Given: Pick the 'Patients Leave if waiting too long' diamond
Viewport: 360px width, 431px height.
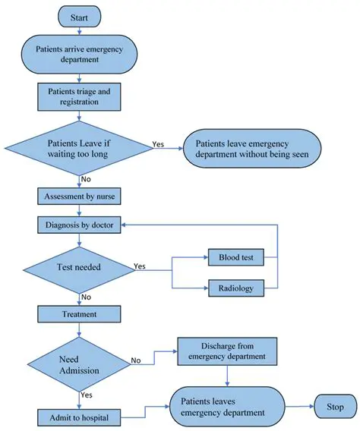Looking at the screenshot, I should pos(81,146).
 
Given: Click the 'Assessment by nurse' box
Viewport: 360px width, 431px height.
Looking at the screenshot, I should pos(81,195).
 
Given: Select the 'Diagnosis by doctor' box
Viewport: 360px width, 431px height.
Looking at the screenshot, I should pos(81,225).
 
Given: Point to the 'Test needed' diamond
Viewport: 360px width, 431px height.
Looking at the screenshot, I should pos(81,267).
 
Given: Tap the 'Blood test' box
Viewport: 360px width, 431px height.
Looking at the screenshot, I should pos(235,258).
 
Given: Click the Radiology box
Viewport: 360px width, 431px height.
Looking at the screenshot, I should pos(235,288).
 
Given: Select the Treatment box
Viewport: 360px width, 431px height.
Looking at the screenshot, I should pos(81,313).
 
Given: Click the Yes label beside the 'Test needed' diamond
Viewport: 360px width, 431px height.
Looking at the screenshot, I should pos(141,266).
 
